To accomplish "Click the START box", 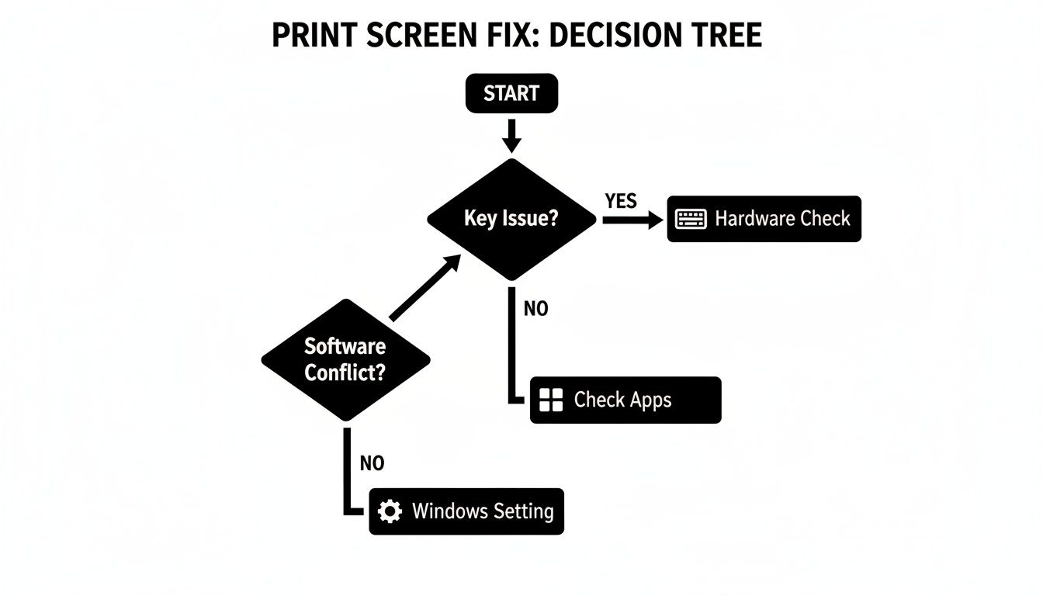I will pyautogui.click(x=511, y=94).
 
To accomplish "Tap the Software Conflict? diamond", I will pyautogui.click(x=345, y=359).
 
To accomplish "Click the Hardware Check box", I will pyautogui.click(x=764, y=219).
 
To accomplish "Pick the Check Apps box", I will pyautogui.click(x=625, y=400).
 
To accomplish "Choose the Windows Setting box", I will pyautogui.click(x=466, y=511).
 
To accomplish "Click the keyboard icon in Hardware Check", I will pyautogui.click(x=691, y=219).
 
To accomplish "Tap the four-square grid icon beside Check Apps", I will pyautogui.click(x=549, y=400).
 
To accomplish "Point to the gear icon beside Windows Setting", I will pyautogui.click(x=389, y=511).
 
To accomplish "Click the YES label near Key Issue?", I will pyautogui.click(x=621, y=202).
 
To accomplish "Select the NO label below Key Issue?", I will pyautogui.click(x=535, y=309).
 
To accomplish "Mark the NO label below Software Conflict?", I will pyautogui.click(x=372, y=464).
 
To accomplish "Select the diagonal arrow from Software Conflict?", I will pyautogui.click(x=422, y=289).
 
